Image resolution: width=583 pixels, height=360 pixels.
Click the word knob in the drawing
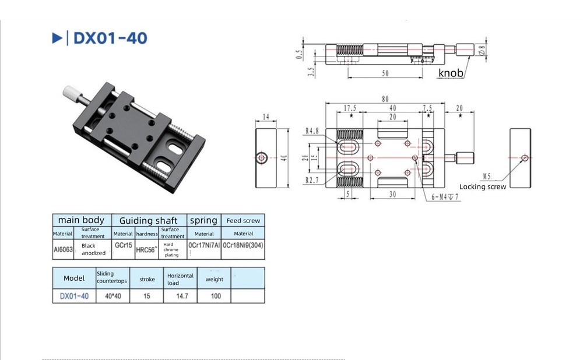pyautogui.click(x=451, y=73)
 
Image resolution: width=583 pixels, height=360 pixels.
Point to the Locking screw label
pyautogui.click(x=483, y=186)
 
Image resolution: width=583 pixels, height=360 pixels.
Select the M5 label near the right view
pyautogui.click(x=487, y=176)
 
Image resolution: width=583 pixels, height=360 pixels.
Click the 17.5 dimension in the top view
pyautogui.click(x=350, y=108)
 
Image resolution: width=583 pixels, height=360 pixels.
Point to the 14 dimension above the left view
pyautogui.click(x=266, y=117)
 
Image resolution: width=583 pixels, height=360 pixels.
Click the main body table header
pyautogui.click(x=81, y=220)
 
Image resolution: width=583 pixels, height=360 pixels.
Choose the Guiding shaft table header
pyautogui.click(x=149, y=220)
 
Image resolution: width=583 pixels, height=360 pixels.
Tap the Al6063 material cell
pyautogui.click(x=64, y=249)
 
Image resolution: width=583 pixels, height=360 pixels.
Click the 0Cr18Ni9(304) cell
pyautogui.click(x=243, y=246)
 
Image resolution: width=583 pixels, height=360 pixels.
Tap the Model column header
pyautogui.click(x=74, y=278)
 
